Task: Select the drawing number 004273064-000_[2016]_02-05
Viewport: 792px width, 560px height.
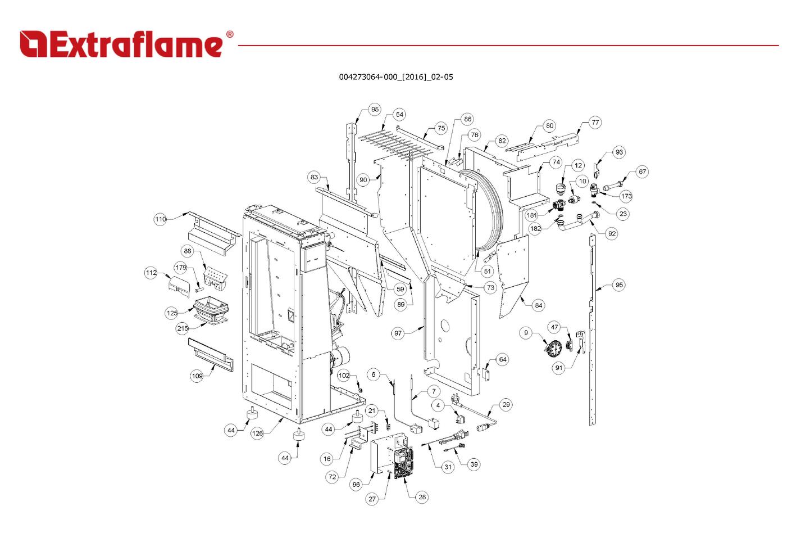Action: [395, 77]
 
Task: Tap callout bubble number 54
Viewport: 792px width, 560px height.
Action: [399, 115]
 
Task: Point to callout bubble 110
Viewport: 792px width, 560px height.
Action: [161, 219]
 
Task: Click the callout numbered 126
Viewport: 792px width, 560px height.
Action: [257, 433]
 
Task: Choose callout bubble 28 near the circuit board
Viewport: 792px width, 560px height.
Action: [422, 496]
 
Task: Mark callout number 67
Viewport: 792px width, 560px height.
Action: [642, 172]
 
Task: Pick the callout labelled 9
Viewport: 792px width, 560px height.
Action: [526, 333]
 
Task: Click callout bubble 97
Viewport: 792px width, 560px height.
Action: [398, 333]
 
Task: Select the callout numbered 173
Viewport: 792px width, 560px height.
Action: [626, 196]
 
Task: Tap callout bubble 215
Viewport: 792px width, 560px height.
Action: [183, 328]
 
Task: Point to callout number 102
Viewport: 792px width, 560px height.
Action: [344, 376]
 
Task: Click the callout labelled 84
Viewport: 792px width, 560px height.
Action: [539, 305]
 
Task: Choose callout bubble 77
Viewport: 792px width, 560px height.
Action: [595, 123]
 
